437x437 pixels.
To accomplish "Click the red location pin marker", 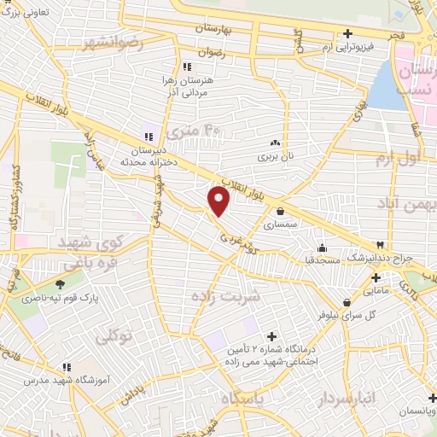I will click(219, 201).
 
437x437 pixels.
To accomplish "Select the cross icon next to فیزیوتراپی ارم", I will click(347, 34).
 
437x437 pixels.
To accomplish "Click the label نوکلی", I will click(115, 337).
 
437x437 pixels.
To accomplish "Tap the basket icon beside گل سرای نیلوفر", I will click(347, 302).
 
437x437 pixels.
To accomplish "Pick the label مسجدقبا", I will click(323, 258).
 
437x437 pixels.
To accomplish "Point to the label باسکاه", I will click(242, 399).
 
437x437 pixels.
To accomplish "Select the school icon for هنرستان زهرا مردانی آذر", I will click(187, 67).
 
